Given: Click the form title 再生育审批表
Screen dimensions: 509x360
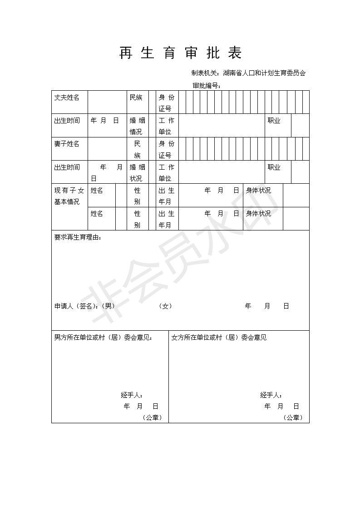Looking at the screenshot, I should pyautogui.click(x=180, y=53).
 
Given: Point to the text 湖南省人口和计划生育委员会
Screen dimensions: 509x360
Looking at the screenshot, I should pyautogui.click(x=265, y=73).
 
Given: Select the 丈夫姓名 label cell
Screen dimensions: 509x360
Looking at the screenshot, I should pyautogui.click(x=67, y=98).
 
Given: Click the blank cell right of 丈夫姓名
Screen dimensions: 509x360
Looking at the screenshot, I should pyautogui.click(x=107, y=102).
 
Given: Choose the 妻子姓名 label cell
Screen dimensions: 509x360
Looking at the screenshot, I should pyautogui.click(x=67, y=144).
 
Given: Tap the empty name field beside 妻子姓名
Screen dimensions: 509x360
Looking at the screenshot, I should pyautogui.click(x=107, y=149).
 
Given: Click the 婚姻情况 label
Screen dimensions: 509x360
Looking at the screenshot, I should pyautogui.click(x=138, y=126).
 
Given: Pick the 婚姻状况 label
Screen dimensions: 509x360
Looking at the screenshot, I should pyautogui.click(x=138, y=172).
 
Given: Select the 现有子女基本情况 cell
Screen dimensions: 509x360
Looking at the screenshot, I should pyautogui.click(x=69, y=196).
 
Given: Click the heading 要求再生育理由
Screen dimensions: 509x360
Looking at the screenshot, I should pyautogui.click(x=78, y=237).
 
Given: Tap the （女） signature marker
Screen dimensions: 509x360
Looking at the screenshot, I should pyautogui.click(x=165, y=306).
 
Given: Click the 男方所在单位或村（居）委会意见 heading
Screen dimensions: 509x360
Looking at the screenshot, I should pyautogui.click(x=103, y=338).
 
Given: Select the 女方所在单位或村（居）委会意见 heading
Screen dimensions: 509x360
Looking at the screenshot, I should pyautogui.click(x=219, y=338).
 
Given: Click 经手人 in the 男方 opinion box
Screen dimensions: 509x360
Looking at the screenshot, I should pyautogui.click(x=132, y=395).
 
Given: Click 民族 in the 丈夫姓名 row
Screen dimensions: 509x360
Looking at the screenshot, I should pyautogui.click(x=136, y=98).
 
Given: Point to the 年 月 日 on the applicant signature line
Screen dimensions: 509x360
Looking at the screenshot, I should pyautogui.click(x=267, y=306).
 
